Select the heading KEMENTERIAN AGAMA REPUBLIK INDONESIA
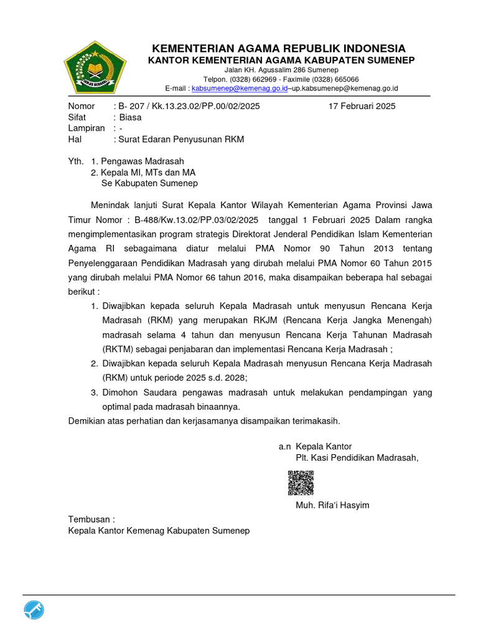279,49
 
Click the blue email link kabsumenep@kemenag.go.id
240,89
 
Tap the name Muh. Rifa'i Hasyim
332,505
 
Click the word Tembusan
90,520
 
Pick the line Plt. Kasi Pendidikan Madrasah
357,458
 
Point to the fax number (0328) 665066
335,80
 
